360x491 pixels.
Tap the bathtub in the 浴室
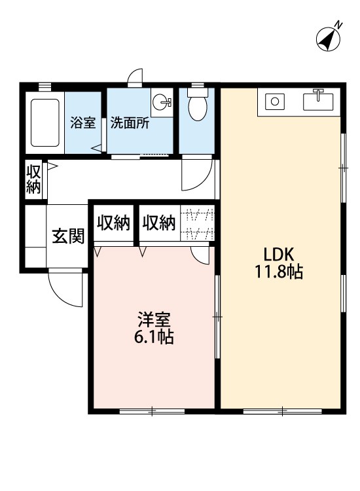[x=45, y=123]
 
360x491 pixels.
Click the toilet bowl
[x=198, y=103]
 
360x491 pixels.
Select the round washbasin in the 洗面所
[x=160, y=101]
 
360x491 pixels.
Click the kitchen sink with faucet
[x=317, y=100]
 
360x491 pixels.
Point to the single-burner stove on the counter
[x=275, y=101]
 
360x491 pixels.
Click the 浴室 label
[x=82, y=122]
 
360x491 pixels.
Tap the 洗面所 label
[x=130, y=123]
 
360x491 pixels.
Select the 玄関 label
[x=68, y=236]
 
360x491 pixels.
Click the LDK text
[x=279, y=254]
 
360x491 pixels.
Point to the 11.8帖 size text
[x=279, y=271]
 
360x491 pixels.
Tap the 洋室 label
[x=154, y=319]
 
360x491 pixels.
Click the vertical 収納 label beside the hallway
[x=33, y=179]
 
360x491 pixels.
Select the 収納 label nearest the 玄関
[x=113, y=223]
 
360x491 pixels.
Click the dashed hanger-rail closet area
[x=198, y=223]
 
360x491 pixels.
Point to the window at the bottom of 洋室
[x=152, y=411]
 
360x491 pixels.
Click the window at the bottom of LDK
[x=282, y=411]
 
